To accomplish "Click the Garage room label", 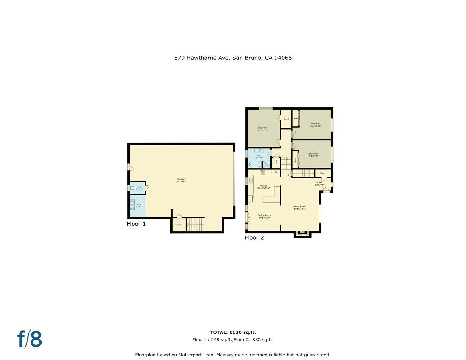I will click(181, 179).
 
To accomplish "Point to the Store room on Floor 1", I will click(178, 225).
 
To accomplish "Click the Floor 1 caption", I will click(136, 224).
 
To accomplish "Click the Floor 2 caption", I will click(254, 238).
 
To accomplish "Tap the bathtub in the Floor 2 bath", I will click(254, 164).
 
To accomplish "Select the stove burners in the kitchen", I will click(263, 172).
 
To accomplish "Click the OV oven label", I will click(276, 172).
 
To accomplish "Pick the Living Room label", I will click(299, 207).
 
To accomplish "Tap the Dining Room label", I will click(265, 215).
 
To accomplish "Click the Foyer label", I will click(319, 183).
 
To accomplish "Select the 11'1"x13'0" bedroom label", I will click(262, 129).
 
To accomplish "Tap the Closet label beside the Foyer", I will click(323, 173).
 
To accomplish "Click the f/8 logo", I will click(29, 339).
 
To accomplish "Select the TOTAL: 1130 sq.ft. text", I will click(233, 332).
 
